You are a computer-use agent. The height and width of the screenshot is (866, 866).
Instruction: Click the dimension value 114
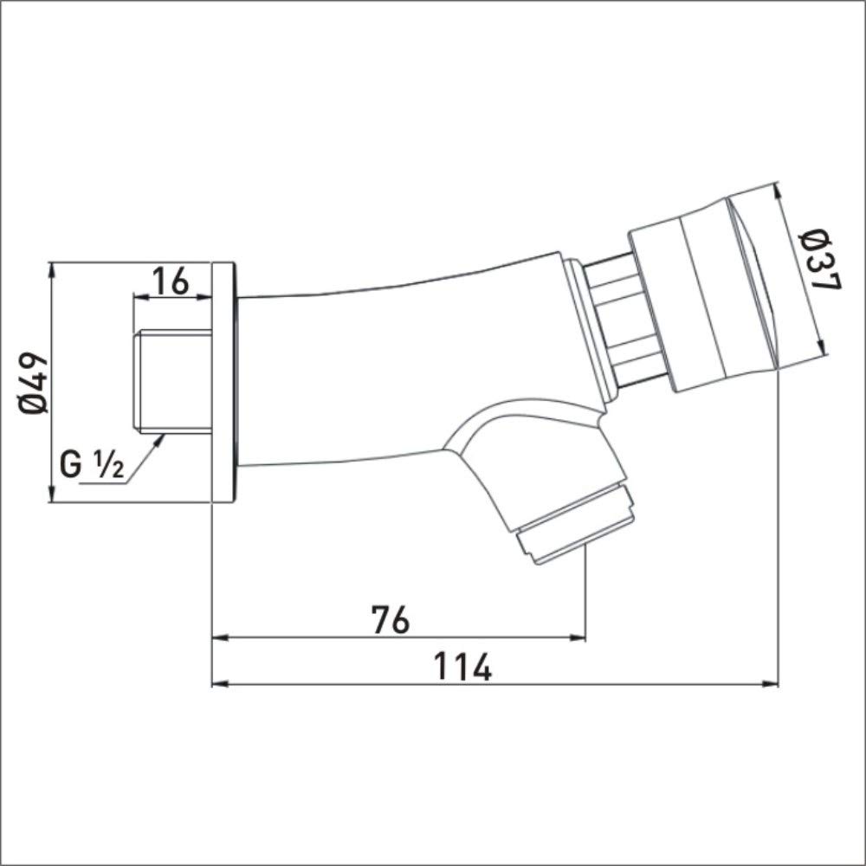tap(462, 667)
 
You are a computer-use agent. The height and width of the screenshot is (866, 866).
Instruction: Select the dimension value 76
tap(391, 619)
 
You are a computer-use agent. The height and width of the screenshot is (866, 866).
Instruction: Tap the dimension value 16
tap(170, 281)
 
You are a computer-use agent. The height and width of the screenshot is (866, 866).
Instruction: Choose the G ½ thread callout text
tap(92, 465)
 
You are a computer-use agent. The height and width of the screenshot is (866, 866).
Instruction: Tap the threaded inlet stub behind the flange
tap(173, 380)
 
